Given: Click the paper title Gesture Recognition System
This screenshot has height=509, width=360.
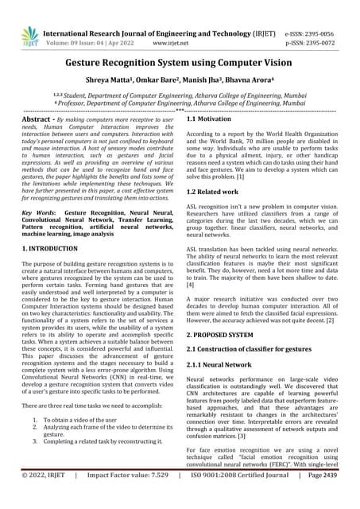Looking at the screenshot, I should point(180,62).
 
